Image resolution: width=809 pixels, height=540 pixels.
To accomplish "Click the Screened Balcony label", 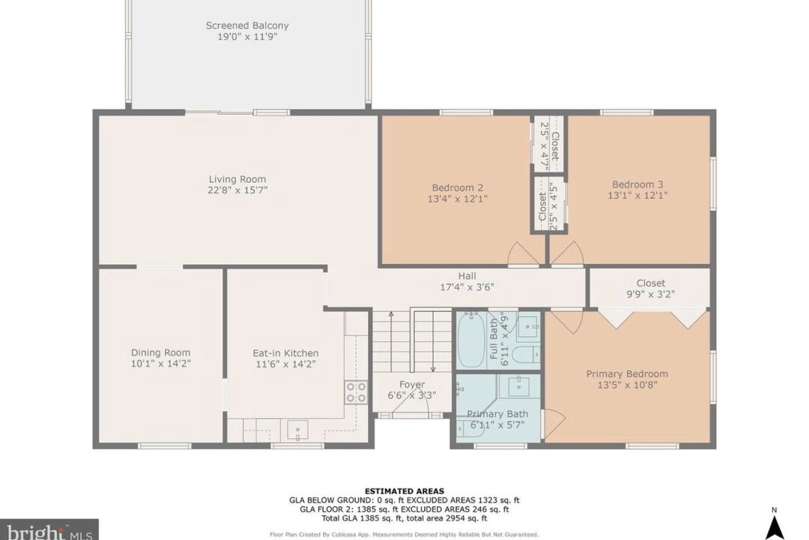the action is pyautogui.click(x=247, y=25).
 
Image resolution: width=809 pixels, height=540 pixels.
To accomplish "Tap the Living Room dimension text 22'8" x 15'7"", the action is pyautogui.click(x=237, y=190).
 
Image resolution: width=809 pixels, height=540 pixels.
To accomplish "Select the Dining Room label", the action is pyautogui.click(x=160, y=353).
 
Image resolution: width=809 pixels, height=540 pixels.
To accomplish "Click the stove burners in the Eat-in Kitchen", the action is pyautogui.click(x=356, y=392).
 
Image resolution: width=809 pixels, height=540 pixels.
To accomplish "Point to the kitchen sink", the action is pyautogui.click(x=297, y=430).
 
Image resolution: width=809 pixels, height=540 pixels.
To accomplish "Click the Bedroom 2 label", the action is pyautogui.click(x=458, y=187).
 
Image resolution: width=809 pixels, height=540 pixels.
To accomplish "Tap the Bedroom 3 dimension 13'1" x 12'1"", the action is pyautogui.click(x=637, y=195).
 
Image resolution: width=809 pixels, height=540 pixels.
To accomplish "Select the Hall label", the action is pyautogui.click(x=467, y=276).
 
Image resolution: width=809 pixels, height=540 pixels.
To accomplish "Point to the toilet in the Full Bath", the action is pyautogui.click(x=528, y=355).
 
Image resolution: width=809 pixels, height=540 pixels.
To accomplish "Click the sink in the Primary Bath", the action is pyautogui.click(x=518, y=386).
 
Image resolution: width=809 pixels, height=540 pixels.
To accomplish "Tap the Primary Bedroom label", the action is pyautogui.click(x=627, y=373).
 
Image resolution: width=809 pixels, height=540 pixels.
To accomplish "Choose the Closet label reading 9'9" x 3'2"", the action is pyautogui.click(x=651, y=283).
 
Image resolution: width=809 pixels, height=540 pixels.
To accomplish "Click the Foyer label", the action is pyautogui.click(x=412, y=385).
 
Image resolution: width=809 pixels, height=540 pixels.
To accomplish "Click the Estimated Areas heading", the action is pyautogui.click(x=404, y=491).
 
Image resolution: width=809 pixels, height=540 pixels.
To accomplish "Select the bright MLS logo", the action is pyautogui.click(x=49, y=531).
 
